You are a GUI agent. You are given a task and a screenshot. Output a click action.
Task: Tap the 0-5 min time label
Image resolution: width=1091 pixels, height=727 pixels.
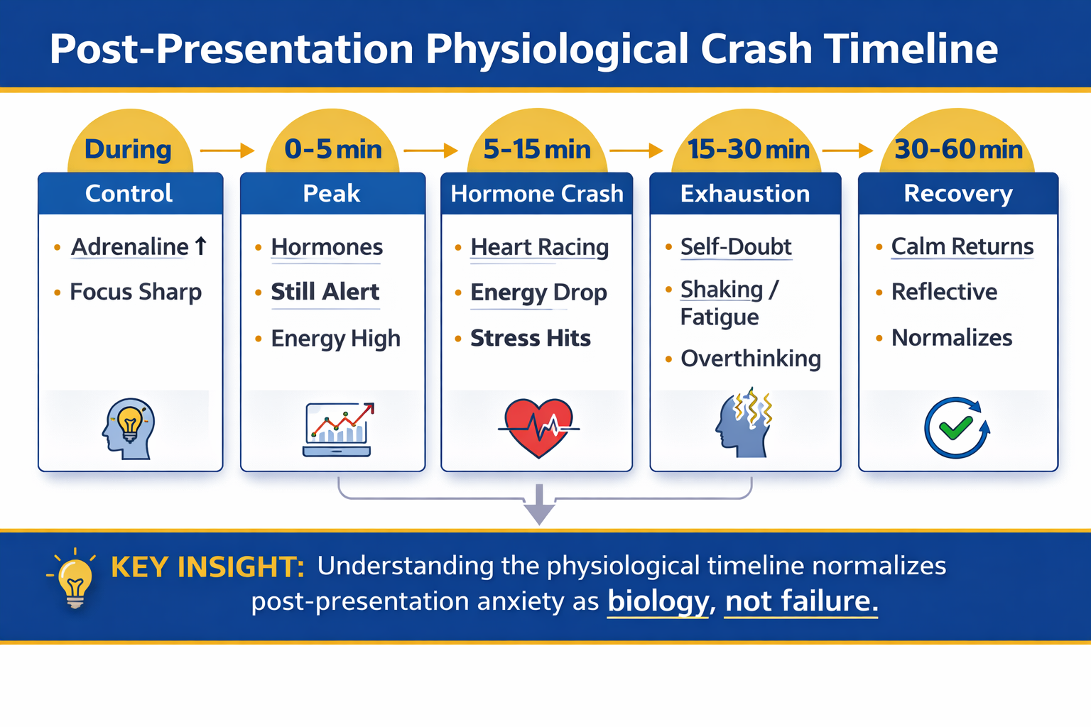coord(333,149)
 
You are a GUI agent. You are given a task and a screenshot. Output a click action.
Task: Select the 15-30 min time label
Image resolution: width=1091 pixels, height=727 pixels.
coord(749,149)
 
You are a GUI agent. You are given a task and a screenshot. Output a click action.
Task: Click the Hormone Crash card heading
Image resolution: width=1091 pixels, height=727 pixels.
coord(537,194)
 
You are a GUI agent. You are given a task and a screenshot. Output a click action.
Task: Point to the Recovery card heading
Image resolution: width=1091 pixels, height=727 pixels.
coord(958,194)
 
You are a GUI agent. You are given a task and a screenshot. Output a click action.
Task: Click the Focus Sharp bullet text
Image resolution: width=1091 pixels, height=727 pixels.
coord(136,293)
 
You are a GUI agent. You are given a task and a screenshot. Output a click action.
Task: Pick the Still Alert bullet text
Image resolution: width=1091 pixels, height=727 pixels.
coord(325,292)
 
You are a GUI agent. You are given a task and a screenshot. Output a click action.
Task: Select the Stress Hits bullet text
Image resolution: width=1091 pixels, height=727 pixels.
coord(531,338)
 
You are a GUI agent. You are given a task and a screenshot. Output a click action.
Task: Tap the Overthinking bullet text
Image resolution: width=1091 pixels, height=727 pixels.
coord(751,359)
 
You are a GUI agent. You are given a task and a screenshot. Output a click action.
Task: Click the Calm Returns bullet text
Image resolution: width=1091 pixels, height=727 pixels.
coord(962,246)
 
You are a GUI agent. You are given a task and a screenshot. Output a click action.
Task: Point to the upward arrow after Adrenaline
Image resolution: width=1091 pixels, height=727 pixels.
coord(201,246)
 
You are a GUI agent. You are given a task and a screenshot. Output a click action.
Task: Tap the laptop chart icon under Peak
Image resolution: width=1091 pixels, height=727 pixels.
coord(337,429)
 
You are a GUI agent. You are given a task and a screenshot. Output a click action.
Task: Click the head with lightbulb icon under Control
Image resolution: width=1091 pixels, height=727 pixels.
coord(129,429)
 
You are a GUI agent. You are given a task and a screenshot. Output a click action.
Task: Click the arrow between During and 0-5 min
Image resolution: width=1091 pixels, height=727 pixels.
coord(227,151)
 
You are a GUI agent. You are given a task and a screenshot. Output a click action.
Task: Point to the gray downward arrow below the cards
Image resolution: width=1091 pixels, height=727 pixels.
coord(539,505)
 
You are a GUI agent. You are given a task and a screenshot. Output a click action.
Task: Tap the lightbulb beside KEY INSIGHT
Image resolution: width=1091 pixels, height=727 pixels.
coord(75,579)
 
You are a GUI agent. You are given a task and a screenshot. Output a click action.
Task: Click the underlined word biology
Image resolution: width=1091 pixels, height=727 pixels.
coord(658,601)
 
